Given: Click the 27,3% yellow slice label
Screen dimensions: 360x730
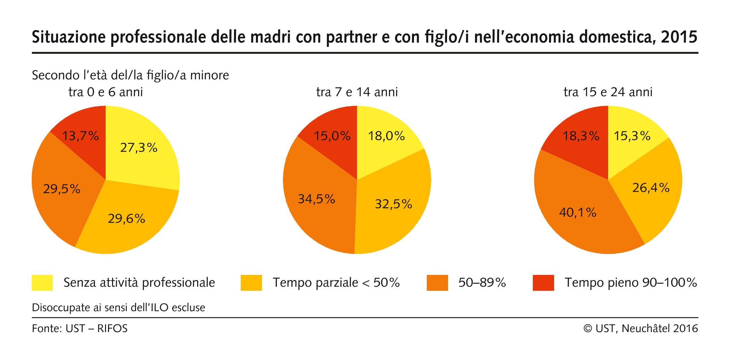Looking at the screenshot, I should coord(139,148).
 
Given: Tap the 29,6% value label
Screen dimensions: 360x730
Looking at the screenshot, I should coord(126,219).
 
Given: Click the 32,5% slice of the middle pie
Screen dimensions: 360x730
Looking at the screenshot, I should coord(393,204).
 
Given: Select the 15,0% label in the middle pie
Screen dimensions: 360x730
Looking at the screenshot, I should coord(332,136).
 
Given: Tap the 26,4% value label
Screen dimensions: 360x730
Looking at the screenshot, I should coord(651,188).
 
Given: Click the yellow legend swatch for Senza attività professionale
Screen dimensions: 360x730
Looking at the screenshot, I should coord(42,283).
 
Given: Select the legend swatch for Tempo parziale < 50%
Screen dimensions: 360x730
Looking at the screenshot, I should coord(251,283).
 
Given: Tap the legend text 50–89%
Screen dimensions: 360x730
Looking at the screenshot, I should coord(482,283).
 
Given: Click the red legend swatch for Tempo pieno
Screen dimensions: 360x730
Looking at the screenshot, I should coord(543,283).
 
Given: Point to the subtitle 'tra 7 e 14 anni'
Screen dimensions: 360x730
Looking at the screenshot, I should coord(357,92).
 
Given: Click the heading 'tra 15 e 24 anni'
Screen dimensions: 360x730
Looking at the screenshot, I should coord(608,92).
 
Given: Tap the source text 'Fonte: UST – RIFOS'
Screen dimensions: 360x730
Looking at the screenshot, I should coord(80,328).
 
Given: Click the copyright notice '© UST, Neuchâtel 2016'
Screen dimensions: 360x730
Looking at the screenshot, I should coord(641,328).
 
